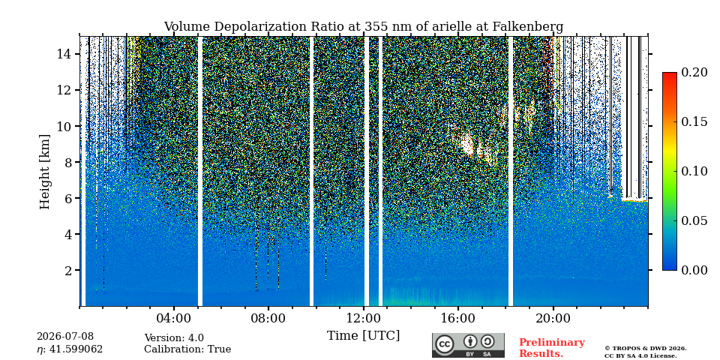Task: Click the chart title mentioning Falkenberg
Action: coord(363,27)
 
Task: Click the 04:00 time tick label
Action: coord(173,318)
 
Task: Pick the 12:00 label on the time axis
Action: coord(363,318)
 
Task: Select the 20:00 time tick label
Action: coord(553,318)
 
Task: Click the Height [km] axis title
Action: coord(44,172)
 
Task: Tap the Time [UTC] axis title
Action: coord(363,336)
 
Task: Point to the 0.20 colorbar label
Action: coord(694,72)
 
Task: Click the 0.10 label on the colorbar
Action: coord(694,171)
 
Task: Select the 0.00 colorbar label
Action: coord(694,271)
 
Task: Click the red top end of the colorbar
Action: coord(670,74)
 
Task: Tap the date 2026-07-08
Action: coord(65,337)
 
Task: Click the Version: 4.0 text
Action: coord(174,338)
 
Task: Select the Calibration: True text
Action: coord(187,349)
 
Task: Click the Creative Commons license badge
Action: coord(468,345)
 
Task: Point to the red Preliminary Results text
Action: coord(552,348)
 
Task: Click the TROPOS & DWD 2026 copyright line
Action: coord(646,349)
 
